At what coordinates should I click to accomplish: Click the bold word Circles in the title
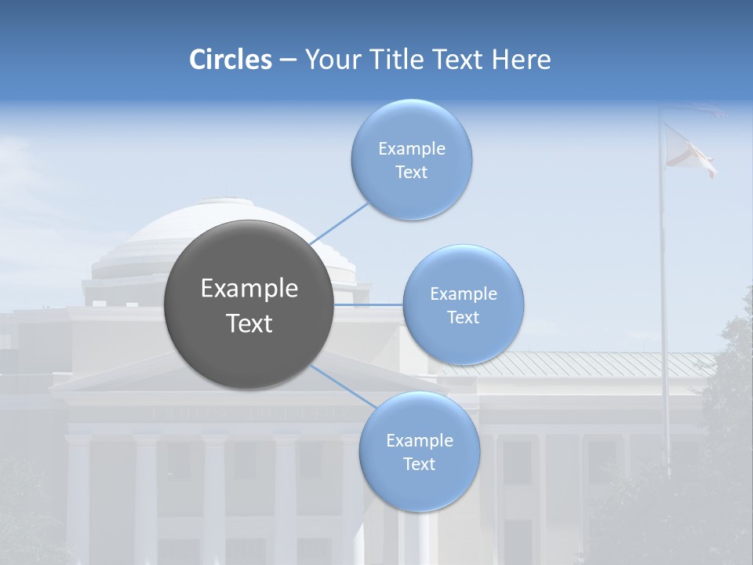click(231, 60)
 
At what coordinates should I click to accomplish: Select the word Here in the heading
click(522, 60)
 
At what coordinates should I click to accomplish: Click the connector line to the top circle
click(340, 224)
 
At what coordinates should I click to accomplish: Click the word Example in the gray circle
click(249, 289)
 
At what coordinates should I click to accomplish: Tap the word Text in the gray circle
click(249, 323)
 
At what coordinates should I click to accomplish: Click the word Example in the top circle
click(412, 148)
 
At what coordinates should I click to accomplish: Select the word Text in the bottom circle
click(419, 464)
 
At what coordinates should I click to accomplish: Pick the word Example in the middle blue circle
click(464, 293)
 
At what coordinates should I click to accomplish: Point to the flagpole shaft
click(664, 314)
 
